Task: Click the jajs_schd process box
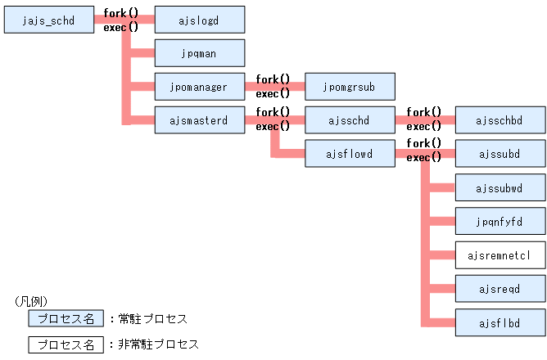[50, 20]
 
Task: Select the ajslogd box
[200, 20]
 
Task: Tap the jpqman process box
[200, 53]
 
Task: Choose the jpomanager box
[200, 85]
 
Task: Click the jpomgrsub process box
[350, 85]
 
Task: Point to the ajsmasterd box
[200, 119]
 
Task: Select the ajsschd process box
[350, 119]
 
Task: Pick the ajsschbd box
[500, 119]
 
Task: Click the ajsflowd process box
[350, 153]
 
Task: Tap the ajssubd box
[500, 153]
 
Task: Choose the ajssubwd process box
[500, 187]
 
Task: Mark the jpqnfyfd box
[500, 221]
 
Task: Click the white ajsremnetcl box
[500, 254]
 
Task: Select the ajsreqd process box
[500, 288]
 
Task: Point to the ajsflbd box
[500, 322]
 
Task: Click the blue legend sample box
[66, 319]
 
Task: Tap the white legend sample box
[66, 344]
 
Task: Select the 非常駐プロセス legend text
[158, 344]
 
